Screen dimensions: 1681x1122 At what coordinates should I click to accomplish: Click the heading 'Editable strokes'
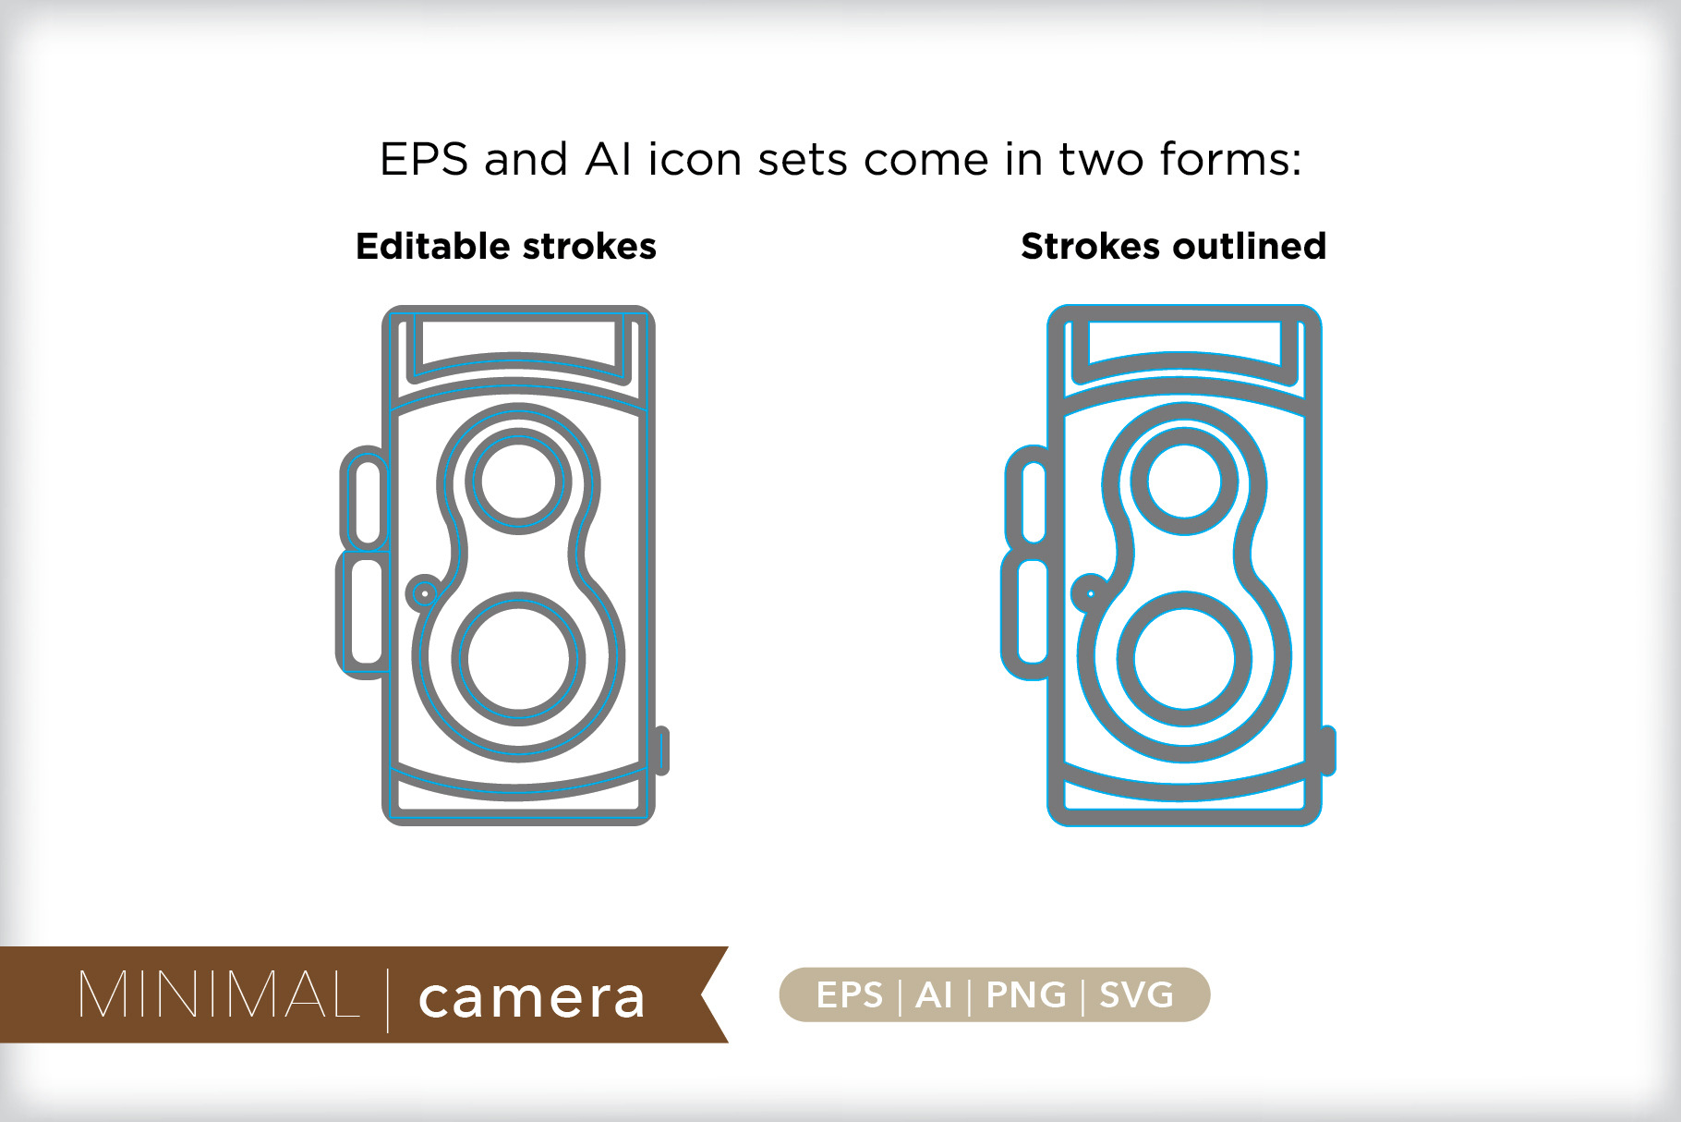[506, 247]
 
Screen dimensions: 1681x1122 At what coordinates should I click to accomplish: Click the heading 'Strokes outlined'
[1173, 247]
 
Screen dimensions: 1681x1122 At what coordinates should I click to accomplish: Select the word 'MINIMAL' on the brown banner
[219, 994]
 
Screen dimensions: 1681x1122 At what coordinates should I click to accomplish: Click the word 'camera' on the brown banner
[531, 998]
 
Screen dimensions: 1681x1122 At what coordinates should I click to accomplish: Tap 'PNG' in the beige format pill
[1026, 995]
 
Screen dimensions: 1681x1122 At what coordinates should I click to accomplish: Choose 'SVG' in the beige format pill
[1136, 995]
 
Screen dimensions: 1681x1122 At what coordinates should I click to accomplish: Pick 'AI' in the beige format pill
[934, 995]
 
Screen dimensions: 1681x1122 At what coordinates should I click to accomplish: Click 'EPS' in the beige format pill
[850, 995]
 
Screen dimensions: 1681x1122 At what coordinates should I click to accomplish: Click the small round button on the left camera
[425, 592]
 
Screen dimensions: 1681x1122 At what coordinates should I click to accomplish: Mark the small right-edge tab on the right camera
[1329, 750]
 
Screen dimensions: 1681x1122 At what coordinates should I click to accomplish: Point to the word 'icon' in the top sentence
[695, 159]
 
